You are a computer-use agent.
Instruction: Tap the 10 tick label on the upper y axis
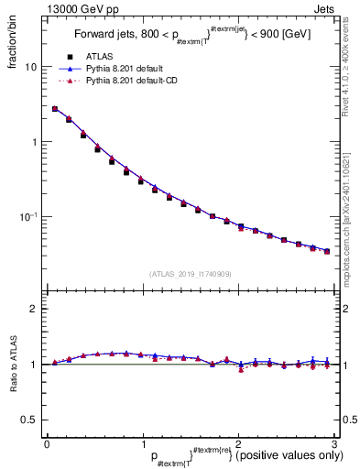click(30, 67)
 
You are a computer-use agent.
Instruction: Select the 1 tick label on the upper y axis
click(33, 142)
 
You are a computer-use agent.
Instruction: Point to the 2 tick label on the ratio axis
click(33, 309)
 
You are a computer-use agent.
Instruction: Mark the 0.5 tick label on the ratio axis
click(29, 420)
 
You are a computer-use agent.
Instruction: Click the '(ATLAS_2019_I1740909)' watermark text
click(190, 273)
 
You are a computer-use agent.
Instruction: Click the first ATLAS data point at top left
click(55, 109)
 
